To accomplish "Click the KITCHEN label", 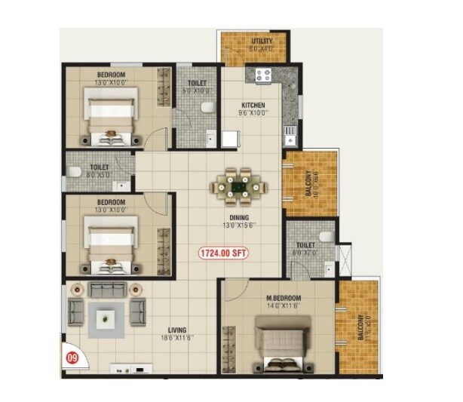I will (253, 105).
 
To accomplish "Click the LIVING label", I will (178, 330).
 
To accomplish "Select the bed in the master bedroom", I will (284, 339).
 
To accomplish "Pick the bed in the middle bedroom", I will (111, 241).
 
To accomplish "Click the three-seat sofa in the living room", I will (103, 289).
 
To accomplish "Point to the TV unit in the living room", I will (131, 370).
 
